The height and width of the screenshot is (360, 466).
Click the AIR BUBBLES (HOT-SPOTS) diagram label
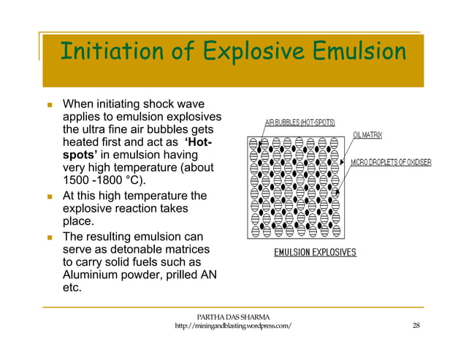click(x=299, y=123)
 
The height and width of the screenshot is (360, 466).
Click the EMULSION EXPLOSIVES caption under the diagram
click(x=315, y=253)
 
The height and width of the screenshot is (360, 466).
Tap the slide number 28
click(x=416, y=326)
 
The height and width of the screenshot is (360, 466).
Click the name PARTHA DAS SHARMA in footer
click(x=234, y=316)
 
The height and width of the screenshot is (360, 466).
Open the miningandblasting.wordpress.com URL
click(x=234, y=326)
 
